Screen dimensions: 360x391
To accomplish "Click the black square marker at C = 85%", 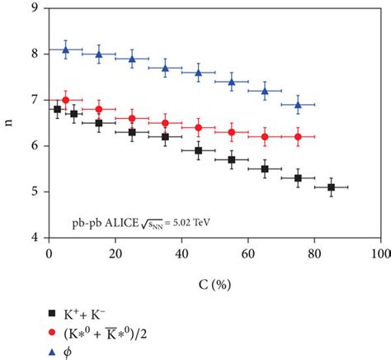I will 331,187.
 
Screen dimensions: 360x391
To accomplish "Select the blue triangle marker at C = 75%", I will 298,105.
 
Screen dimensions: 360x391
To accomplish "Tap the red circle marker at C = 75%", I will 298,137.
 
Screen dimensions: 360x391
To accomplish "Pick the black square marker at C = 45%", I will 198,150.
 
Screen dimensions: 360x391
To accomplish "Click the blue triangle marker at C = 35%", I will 165,69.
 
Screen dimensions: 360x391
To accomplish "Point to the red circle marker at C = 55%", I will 232,132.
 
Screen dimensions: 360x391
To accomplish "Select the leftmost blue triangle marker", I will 66,50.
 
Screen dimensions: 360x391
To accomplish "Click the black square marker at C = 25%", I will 132,132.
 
